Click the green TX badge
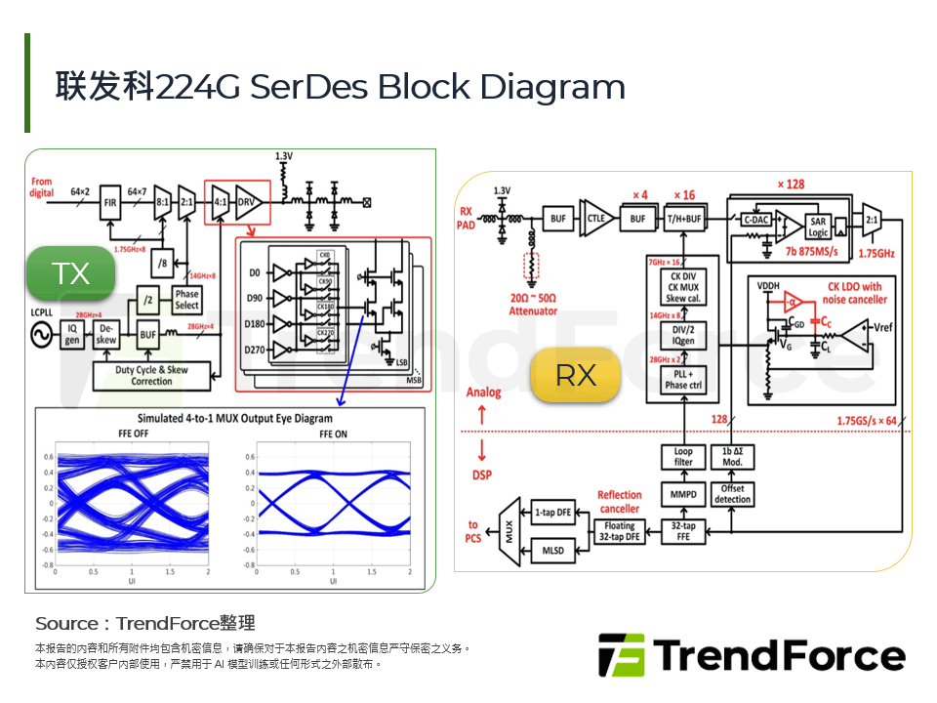pos(71,273)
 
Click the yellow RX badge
pos(576,375)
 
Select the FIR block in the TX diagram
pos(110,202)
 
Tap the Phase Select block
pos(186,300)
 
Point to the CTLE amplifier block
pos(593,220)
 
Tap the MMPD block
pos(683,494)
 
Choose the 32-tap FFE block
pos(683,531)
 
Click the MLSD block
pos(552,552)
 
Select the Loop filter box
pos(683,457)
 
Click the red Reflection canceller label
pos(619,502)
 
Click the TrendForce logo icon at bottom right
pos(621,655)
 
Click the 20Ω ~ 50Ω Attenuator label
pos(533,305)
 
